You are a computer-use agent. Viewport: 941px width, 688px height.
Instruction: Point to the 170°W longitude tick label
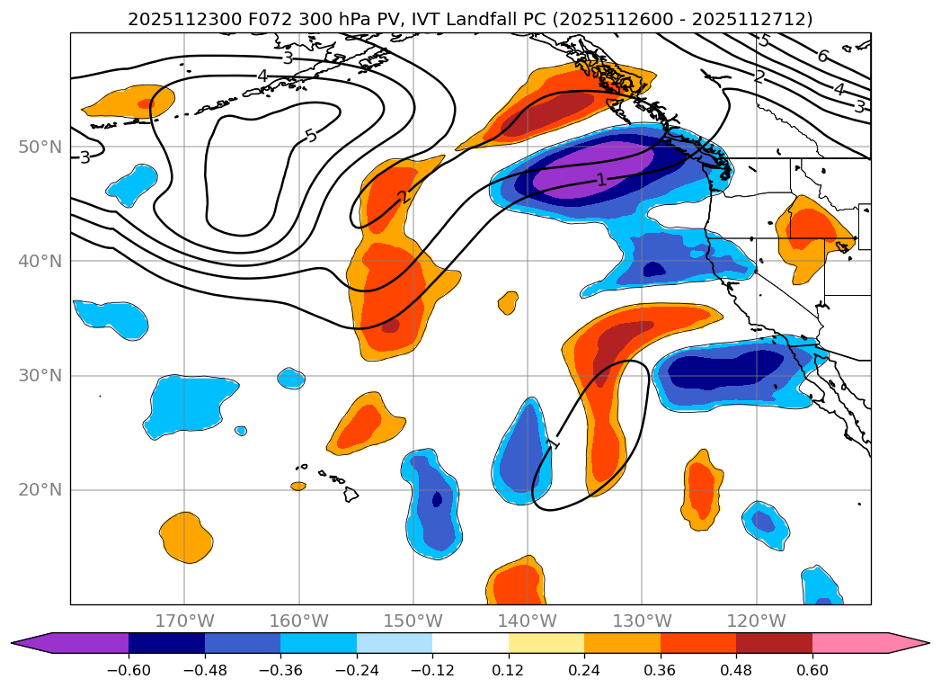tap(184, 621)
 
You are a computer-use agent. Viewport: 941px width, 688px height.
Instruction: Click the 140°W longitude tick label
tap(528, 621)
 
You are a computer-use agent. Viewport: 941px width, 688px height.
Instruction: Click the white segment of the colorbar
tap(470, 643)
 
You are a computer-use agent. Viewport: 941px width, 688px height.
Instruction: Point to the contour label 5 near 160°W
tap(311, 136)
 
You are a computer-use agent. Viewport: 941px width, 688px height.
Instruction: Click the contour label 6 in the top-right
tap(822, 57)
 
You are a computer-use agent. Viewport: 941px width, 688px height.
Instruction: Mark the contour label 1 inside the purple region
tap(601, 180)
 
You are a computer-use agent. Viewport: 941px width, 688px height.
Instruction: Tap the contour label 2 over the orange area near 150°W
tap(403, 197)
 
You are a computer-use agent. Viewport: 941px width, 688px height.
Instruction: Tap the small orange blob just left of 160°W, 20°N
tap(298, 486)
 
